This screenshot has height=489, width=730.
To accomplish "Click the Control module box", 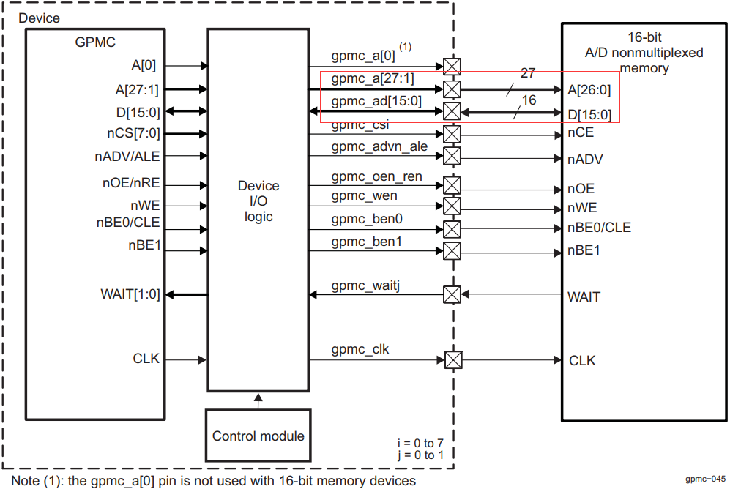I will pos(258,436).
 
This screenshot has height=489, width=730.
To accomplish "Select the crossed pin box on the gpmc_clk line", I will pos(453,360).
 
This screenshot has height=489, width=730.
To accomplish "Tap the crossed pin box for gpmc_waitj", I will pos(452,294).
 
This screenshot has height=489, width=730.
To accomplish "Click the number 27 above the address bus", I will pos(528,73).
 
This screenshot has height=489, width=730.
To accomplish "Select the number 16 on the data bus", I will pos(528,100).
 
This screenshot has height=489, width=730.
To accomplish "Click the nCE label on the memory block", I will pos(581,133).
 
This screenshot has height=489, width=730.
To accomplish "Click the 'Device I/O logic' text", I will pos(258,201).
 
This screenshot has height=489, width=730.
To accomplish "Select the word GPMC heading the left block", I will pos(94,42).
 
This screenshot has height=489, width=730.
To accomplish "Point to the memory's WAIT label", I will pos(584,296).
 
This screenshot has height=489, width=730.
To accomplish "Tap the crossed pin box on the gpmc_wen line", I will pos(452,205).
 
